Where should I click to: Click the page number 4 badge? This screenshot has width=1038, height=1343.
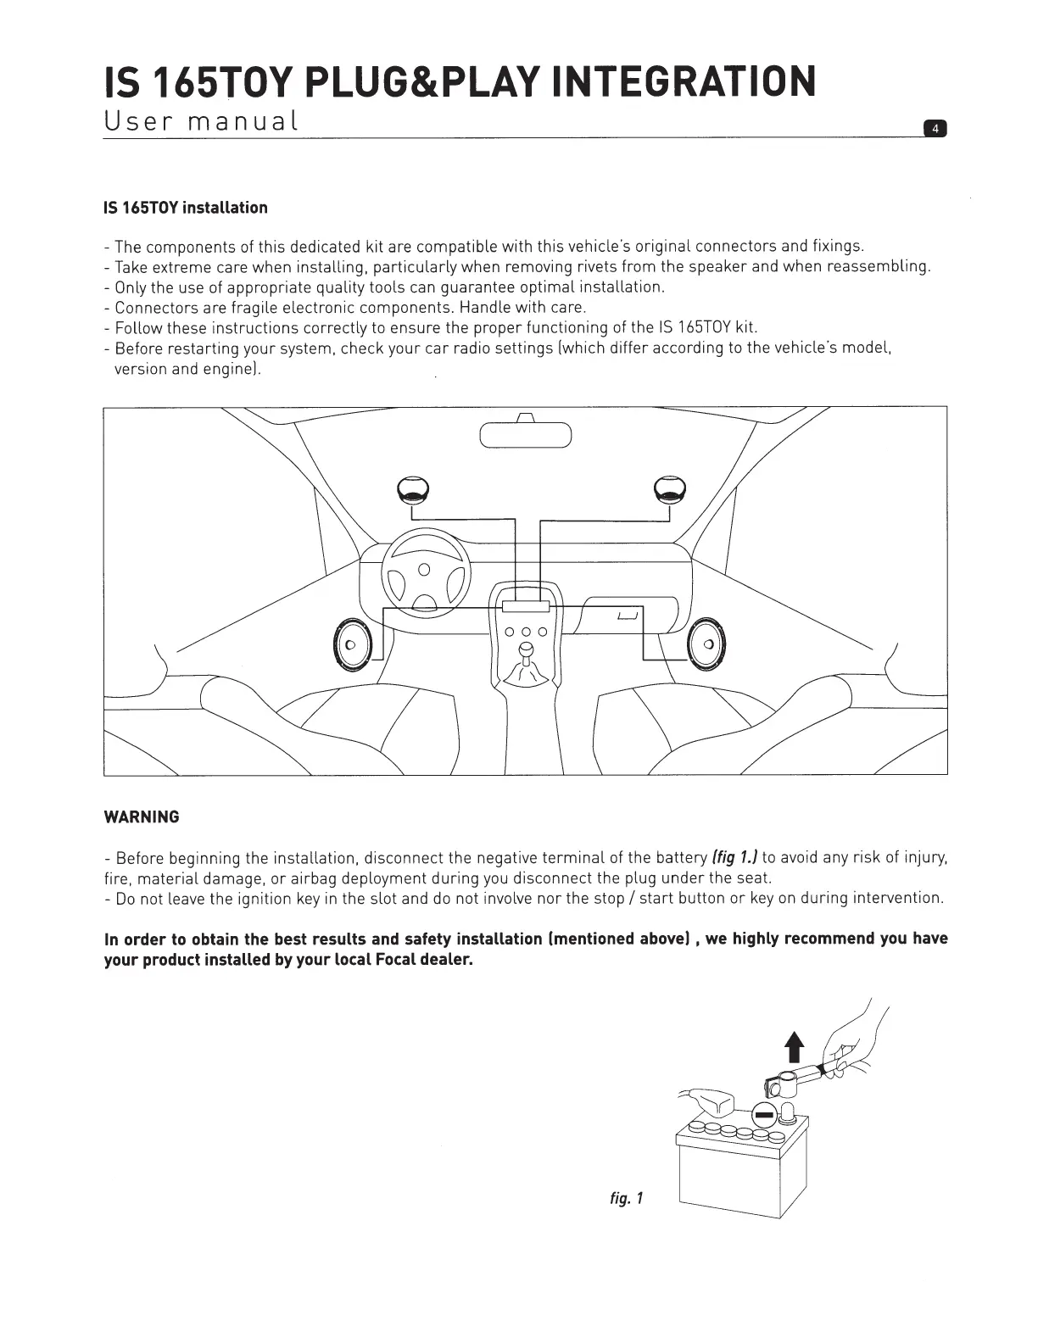pos(935,129)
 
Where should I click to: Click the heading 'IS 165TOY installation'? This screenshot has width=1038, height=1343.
pos(185,208)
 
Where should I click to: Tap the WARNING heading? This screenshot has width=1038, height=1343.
pos(141,817)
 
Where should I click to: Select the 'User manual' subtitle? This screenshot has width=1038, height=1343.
pos(200,120)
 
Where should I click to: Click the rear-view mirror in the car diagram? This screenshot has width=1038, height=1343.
pos(526,434)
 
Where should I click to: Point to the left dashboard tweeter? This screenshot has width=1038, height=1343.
pos(412,490)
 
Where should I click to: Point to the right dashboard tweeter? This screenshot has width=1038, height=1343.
pos(670,490)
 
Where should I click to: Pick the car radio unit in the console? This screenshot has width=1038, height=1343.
pos(526,606)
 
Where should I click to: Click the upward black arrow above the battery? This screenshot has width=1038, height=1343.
pos(794,1047)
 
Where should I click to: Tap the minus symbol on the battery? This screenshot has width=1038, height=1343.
pos(764,1113)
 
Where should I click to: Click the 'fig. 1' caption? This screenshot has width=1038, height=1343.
pos(627,1198)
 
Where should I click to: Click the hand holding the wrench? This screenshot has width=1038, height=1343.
pos(852,1051)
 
